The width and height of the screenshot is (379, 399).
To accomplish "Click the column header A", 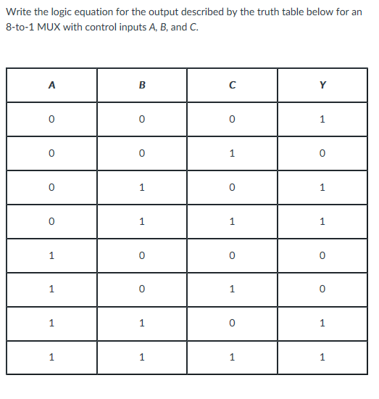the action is [51, 85].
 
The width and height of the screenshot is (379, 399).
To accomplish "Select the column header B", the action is [142, 85].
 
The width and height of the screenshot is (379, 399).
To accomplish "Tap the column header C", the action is [232, 85].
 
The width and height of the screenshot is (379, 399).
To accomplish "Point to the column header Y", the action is [322, 85].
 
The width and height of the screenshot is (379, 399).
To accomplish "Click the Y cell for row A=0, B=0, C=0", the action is [322, 119].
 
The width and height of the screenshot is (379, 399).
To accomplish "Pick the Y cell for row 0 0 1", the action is [322, 153].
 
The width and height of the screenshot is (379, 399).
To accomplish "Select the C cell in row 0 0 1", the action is [232, 153].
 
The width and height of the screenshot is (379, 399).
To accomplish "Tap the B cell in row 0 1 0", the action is [142, 187].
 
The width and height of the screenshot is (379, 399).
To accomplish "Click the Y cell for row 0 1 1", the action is [322, 221].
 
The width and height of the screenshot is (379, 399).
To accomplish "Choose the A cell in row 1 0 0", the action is [51, 255].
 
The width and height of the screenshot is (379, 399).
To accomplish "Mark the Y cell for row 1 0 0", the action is [322, 255].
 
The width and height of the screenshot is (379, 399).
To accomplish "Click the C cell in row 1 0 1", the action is [232, 289].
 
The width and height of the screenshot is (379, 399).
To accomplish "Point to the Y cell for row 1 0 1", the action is [322, 289].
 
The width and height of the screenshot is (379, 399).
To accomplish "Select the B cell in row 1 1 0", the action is [142, 323].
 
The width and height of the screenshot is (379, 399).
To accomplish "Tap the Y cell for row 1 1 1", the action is [322, 357].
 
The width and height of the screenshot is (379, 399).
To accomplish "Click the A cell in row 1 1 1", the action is [51, 357].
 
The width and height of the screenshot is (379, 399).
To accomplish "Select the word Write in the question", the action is [18, 13].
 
